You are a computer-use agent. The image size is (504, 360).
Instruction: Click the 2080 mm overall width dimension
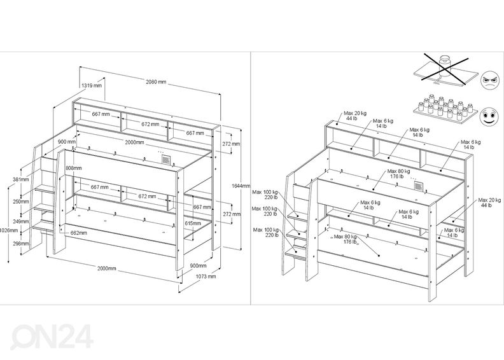coord(156,82)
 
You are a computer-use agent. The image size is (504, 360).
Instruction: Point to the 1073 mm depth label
coord(206,277)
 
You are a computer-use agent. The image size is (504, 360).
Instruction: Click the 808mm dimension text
coord(74,168)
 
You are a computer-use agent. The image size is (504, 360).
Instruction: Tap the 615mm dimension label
coord(202,223)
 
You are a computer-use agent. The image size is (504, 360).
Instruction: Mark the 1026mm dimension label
coord(8,230)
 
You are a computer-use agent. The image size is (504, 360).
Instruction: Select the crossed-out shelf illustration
coord(444,70)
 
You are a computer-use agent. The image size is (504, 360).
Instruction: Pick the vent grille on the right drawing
coord(418,186)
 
